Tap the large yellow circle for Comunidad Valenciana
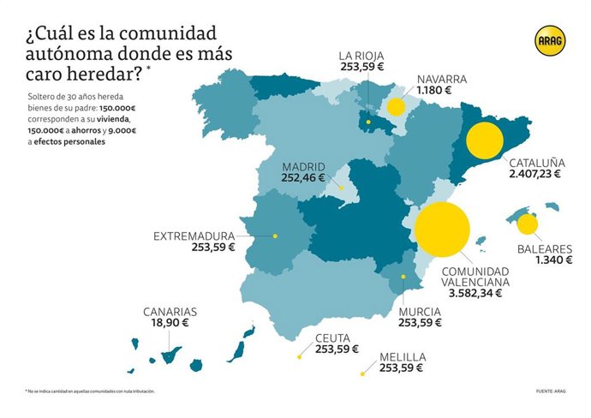(x=442, y=230)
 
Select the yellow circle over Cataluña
(x=484, y=141)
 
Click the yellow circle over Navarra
(x=396, y=107)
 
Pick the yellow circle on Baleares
(x=528, y=224)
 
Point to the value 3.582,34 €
(x=475, y=292)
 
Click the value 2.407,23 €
(x=534, y=173)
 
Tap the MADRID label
(x=304, y=166)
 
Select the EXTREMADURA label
(x=194, y=236)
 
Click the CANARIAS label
(x=170, y=312)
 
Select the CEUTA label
(x=331, y=337)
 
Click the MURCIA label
(x=419, y=311)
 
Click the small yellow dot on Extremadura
(x=275, y=236)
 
